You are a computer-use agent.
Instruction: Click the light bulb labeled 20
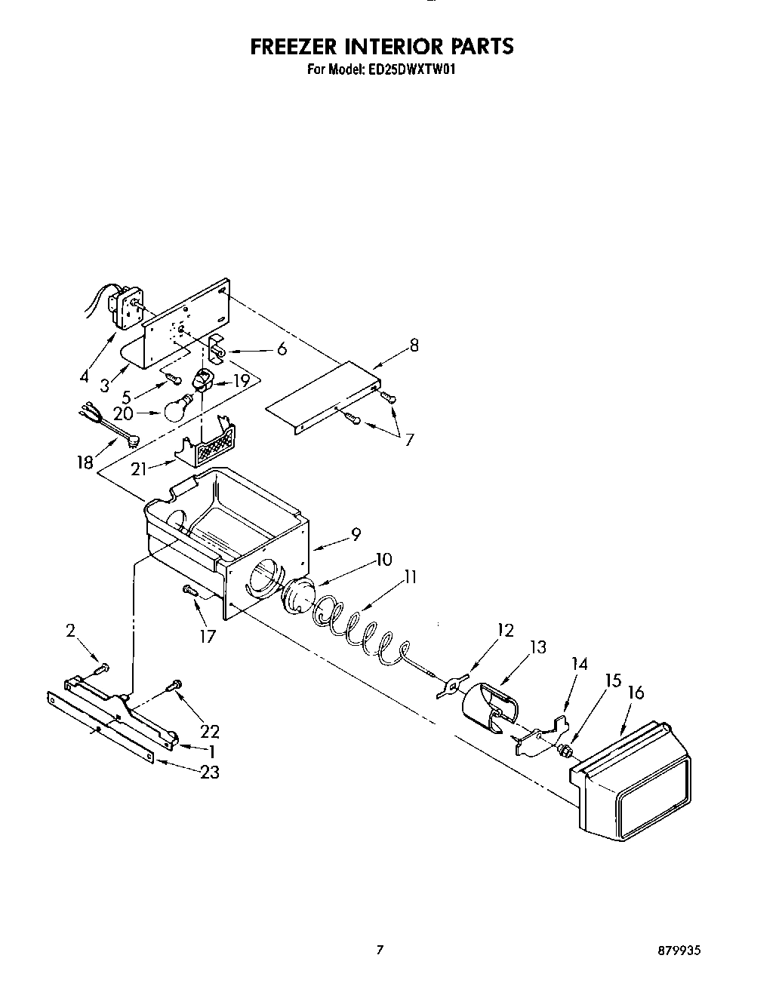(175, 408)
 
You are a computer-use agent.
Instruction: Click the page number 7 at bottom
(381, 951)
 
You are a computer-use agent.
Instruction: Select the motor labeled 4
(125, 306)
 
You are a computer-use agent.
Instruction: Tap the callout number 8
(413, 346)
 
